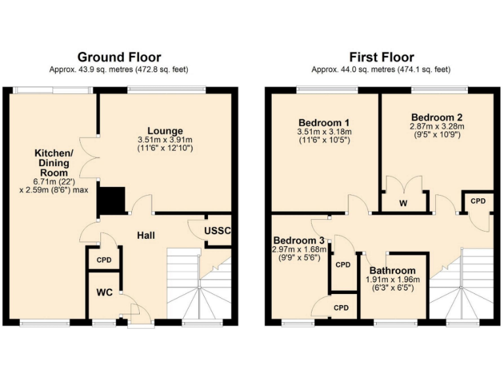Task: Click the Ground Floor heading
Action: pos(119,58)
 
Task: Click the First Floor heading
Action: pos(381,58)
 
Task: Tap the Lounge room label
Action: pos(165,131)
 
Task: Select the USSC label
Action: pos(217,232)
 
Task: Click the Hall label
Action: pos(146,235)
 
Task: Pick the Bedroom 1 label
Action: pos(324,123)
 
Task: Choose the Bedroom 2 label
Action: pos(437,117)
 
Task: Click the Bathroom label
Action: pos(392,270)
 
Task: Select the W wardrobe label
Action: pos(404,203)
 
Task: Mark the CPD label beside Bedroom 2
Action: pos(478,201)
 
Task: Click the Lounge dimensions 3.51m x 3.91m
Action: pos(165,140)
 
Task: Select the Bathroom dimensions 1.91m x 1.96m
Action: pos(392,280)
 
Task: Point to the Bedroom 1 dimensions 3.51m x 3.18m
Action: pos(324,132)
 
